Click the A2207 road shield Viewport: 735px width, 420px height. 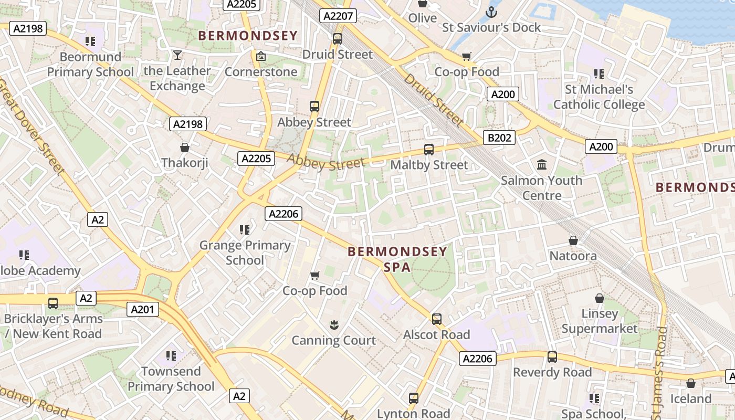[338, 16]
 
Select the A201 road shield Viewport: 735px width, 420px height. [142, 309]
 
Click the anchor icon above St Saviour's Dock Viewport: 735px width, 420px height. [491, 12]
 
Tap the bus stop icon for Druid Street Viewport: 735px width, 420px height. [338, 38]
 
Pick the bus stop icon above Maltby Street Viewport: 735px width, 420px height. [429, 149]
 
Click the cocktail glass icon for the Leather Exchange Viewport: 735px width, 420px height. [177, 55]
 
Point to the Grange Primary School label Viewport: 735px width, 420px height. [245, 253]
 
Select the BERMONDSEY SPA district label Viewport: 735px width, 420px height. [397, 259]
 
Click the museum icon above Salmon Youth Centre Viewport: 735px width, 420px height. [542, 165]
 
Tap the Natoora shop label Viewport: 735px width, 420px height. [573, 256]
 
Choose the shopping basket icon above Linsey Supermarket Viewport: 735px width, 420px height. [599, 298]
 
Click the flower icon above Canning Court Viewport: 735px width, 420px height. [334, 325]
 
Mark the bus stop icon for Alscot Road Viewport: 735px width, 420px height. [437, 319]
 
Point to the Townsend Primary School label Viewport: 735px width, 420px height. [171, 379]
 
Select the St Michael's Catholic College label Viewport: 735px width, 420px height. [599, 97]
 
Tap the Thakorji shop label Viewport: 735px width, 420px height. [185, 163]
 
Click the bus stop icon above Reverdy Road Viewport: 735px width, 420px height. [552, 357]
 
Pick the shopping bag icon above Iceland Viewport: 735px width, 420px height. [691, 383]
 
